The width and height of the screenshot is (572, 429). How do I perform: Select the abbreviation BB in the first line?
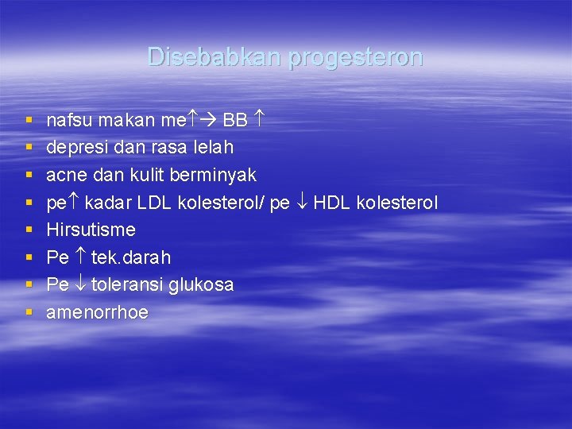[x=235, y=121]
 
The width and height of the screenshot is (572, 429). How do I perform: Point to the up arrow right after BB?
[x=258, y=120]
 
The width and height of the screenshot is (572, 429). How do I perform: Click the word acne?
[x=66, y=175]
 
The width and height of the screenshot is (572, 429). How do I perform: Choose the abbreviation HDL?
[x=331, y=203]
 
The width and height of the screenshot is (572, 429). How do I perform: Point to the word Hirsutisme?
[x=91, y=230]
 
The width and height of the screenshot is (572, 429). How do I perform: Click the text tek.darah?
[x=130, y=257]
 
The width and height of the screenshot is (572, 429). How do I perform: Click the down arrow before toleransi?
[x=80, y=284]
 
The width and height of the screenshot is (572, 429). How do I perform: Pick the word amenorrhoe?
[x=97, y=312]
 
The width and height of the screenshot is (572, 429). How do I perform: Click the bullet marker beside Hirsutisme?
[x=29, y=230]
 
